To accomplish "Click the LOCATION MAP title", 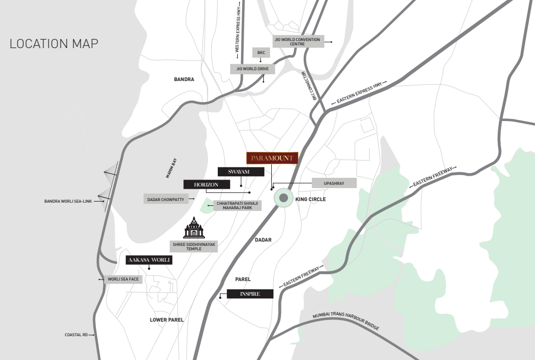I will click(54, 44).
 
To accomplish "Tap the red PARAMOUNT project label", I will click(272, 158).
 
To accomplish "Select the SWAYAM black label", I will click(241, 171).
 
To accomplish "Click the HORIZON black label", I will click(206, 184).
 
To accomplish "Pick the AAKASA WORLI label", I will click(149, 260).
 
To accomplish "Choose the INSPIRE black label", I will click(250, 294).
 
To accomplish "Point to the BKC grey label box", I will click(260, 52).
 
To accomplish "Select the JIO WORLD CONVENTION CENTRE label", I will click(297, 42).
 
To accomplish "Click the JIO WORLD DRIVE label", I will click(252, 69).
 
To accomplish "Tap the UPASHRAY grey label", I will click(334, 183).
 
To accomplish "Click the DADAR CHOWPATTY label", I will click(166, 199).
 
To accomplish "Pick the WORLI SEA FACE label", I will click(123, 279).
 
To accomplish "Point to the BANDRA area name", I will click(184, 79).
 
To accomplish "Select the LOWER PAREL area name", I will click(166, 320).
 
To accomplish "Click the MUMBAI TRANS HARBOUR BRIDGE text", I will click(346, 322).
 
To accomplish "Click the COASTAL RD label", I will click(76, 335).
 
